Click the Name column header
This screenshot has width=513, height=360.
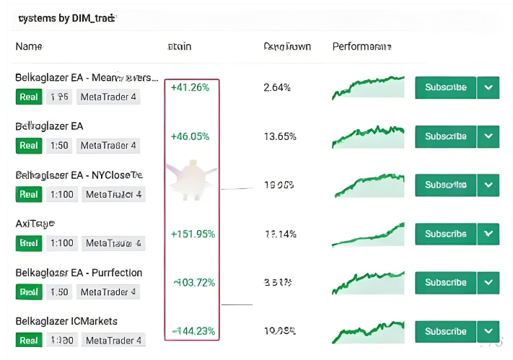29,47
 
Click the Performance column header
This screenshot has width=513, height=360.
361,47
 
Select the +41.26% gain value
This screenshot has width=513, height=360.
190,87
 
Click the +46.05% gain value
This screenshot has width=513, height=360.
190,136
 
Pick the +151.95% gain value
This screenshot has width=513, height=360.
193,234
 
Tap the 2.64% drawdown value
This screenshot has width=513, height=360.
277,87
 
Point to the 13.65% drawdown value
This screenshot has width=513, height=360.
280,136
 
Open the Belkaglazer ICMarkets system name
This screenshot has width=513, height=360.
66,321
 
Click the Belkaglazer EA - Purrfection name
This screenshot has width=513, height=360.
79,273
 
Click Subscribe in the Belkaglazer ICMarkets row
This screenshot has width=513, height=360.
445,332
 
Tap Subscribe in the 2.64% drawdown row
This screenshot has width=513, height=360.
445,87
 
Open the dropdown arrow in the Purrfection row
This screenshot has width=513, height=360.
488,283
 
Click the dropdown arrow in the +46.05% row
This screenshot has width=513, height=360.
488,136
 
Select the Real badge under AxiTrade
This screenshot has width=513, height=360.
29,243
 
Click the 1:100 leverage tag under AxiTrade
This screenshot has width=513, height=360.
61,243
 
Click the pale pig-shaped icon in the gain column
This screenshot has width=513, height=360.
190,178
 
